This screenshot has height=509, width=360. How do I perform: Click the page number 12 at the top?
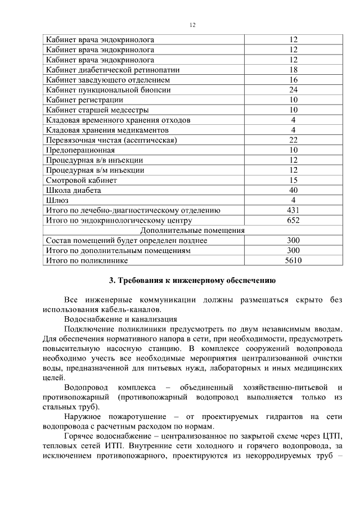click(192, 25)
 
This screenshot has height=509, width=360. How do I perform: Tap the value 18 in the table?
click(293, 70)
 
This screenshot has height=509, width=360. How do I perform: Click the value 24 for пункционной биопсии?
click(293, 90)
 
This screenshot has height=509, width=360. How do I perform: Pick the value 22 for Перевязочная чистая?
click(293, 140)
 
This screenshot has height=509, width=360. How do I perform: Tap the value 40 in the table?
click(293, 190)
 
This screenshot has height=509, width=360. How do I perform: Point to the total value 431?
click(293, 210)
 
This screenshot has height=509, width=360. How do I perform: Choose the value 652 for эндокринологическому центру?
click(293, 220)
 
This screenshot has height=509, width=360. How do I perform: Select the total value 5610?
click(293, 260)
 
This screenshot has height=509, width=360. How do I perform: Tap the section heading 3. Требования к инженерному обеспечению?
click(191, 280)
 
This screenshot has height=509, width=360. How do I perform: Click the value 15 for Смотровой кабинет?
click(293, 181)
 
